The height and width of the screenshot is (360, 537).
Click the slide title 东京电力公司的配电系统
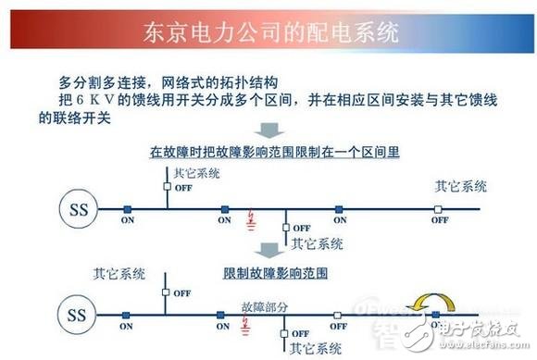[268, 33]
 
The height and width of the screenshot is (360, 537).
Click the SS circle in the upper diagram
[78, 207]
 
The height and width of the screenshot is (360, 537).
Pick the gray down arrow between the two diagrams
[268, 252]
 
